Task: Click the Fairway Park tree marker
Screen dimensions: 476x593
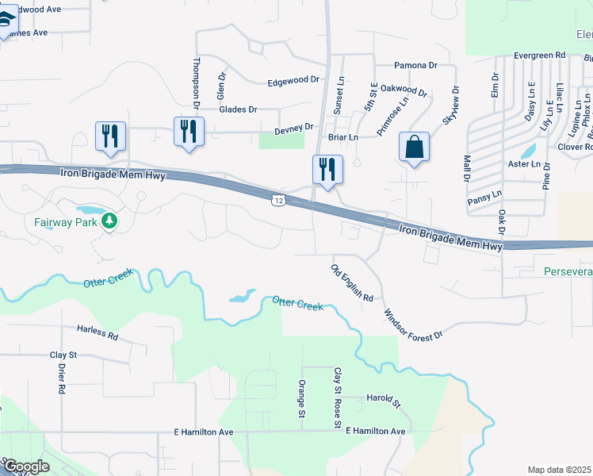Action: point(109,221)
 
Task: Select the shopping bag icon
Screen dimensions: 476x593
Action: point(414,147)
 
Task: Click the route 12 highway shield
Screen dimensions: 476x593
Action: point(277,200)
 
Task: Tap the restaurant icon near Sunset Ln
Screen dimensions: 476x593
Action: point(327,169)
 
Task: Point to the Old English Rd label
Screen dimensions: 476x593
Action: point(351,283)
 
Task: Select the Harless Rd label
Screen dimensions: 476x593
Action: point(97,332)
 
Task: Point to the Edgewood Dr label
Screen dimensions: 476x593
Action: point(293,81)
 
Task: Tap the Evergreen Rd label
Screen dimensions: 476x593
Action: point(538,56)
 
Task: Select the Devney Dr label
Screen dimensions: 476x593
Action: point(293,128)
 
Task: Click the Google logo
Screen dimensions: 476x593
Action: point(26,466)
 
